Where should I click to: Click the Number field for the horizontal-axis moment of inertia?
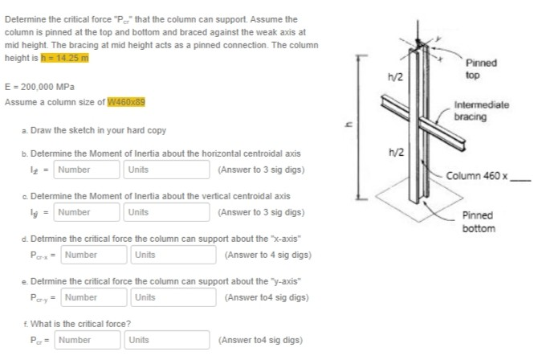pos(88,170)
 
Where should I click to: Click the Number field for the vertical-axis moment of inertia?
pos(88,212)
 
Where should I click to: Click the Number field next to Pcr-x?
pos(95,255)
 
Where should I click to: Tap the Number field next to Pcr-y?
pos(95,297)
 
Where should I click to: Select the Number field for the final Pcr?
pos(88,340)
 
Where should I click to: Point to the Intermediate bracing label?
pos(481,111)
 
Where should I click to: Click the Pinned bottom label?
pos(479,222)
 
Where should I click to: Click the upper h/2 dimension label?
pos(395,76)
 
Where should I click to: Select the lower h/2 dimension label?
pos(395,153)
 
